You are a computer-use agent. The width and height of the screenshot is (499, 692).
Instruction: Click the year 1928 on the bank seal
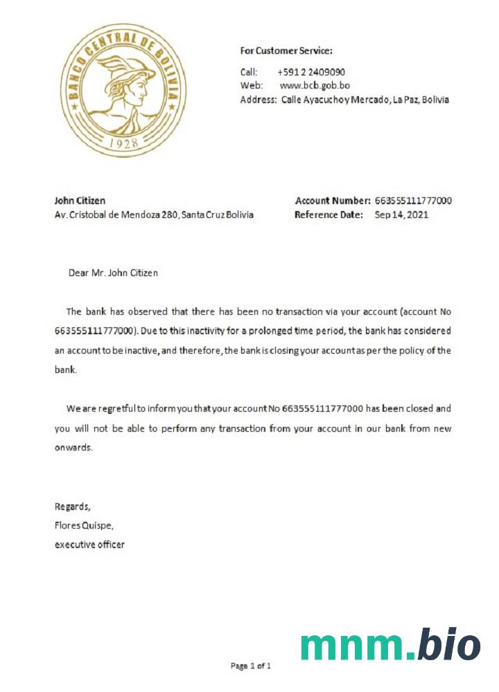point(124,143)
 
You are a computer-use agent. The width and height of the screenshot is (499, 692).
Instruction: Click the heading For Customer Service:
point(286,51)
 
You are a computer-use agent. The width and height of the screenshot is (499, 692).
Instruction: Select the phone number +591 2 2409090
point(311,72)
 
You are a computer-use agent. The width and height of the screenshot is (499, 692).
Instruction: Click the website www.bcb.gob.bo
point(314,86)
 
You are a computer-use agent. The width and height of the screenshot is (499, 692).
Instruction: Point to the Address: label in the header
point(258,100)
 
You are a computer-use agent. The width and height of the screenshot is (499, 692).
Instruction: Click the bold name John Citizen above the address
point(80,201)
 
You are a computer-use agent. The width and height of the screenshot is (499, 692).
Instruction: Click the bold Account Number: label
point(333,201)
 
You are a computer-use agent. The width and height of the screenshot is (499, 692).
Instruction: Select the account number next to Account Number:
point(413,201)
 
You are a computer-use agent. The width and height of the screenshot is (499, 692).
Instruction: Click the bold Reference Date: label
point(329,215)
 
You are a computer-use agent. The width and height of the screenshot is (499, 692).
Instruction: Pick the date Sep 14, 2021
point(401,215)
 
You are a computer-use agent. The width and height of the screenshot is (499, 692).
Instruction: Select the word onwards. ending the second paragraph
point(73,447)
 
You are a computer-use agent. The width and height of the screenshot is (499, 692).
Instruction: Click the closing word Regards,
point(73,506)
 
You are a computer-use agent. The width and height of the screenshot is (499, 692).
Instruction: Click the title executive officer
point(89,545)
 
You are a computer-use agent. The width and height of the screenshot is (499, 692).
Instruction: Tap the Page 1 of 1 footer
point(250,666)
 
